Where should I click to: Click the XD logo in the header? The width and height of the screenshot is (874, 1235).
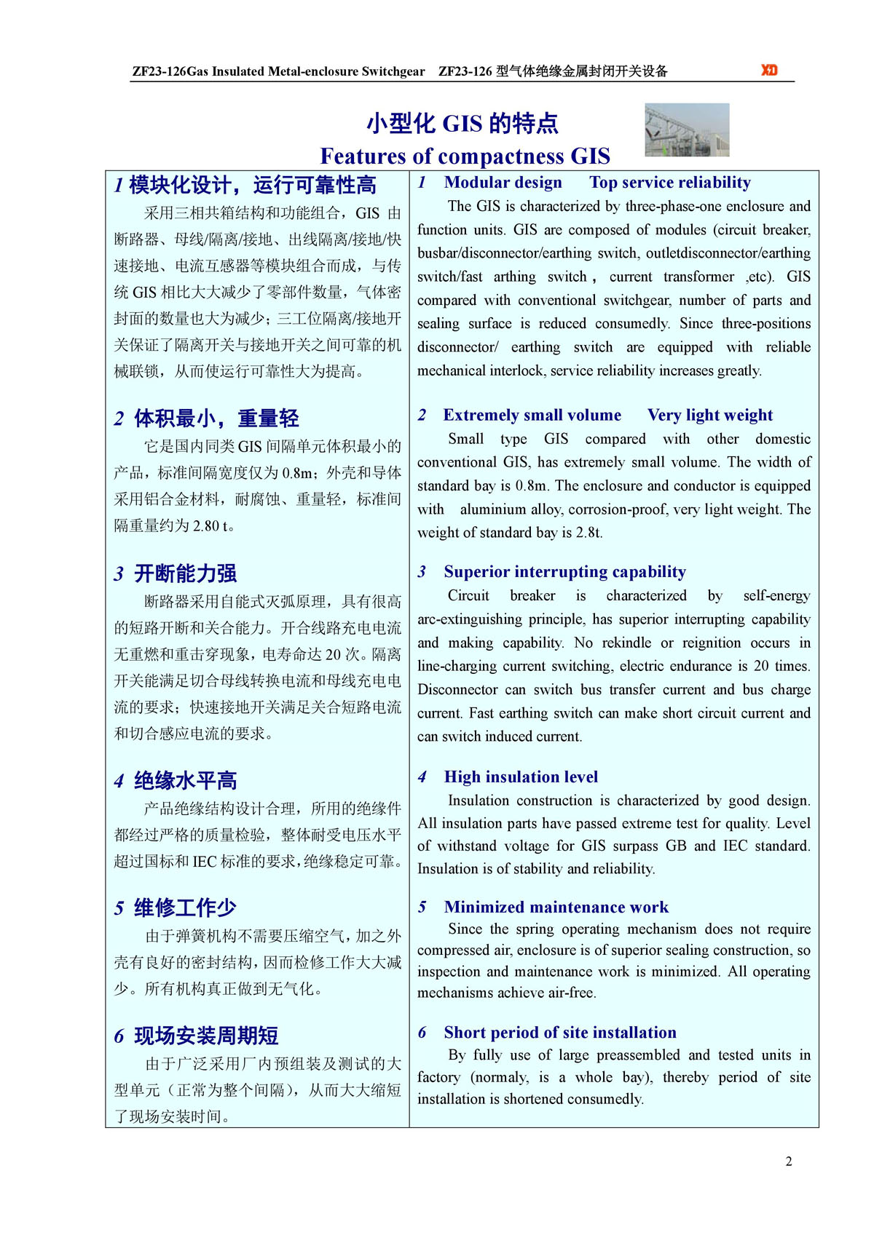click(x=769, y=70)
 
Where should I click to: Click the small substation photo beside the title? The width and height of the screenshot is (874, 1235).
click(x=687, y=130)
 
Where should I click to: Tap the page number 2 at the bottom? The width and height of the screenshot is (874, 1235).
click(x=789, y=1161)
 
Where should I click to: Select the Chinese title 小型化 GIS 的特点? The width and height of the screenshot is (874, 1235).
click(x=462, y=123)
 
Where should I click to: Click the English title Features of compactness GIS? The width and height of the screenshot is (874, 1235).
click(x=465, y=156)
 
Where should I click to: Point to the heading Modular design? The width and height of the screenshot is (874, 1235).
click(x=503, y=183)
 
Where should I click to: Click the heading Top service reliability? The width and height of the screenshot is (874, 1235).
click(x=670, y=183)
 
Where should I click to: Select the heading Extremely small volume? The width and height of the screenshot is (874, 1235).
click(x=532, y=416)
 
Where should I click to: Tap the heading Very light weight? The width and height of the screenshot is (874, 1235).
click(x=710, y=416)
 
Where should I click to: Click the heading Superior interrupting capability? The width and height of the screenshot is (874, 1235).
click(x=565, y=572)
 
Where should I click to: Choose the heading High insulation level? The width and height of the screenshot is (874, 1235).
click(x=521, y=777)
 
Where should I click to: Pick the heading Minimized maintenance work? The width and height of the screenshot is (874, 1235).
click(x=556, y=908)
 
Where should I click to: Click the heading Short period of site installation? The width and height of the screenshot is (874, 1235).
click(x=560, y=1033)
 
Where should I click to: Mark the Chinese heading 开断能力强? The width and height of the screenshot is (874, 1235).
click(x=186, y=573)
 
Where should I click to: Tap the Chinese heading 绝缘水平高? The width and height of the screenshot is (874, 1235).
click(x=186, y=781)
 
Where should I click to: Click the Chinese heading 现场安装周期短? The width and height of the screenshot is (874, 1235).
click(x=206, y=1036)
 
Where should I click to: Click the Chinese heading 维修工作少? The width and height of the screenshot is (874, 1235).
click(x=186, y=908)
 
